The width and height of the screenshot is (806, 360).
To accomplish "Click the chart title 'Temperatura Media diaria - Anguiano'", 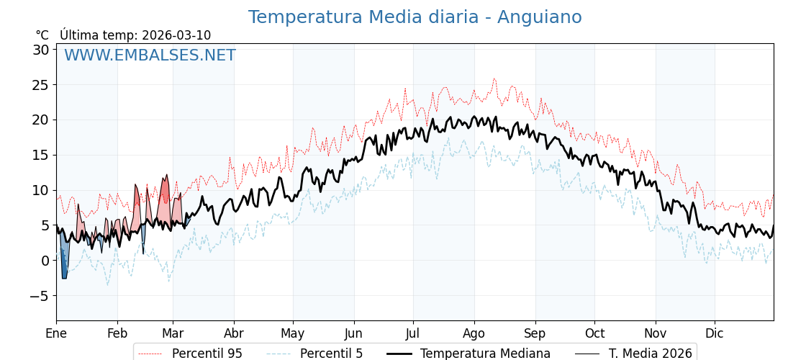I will tap(415, 17).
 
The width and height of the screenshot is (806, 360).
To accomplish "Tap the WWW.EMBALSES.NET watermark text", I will tap(150, 55).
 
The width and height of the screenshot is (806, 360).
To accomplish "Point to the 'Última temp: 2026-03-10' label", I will tap(135, 35).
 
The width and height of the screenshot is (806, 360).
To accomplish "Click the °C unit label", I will tap(42, 35).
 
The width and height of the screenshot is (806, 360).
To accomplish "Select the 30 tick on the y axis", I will tap(40, 50).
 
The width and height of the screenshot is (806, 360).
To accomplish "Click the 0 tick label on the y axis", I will tap(45, 261).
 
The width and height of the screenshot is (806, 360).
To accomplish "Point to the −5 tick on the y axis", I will tap(40, 296).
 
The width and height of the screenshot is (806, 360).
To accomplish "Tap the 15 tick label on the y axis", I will tap(40, 155).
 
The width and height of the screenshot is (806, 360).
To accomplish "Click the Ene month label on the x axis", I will tap(56, 334).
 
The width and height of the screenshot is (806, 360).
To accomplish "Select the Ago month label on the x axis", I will tap(474, 334).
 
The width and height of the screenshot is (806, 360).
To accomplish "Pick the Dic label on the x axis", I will tap(715, 334).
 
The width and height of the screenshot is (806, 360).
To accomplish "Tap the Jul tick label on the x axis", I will tap(413, 334).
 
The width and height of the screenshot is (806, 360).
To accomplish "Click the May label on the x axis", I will tap(293, 334).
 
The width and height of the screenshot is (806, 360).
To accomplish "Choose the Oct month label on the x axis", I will tap(594, 334).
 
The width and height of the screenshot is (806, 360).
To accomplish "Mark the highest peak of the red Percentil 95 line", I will tap(494, 78).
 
